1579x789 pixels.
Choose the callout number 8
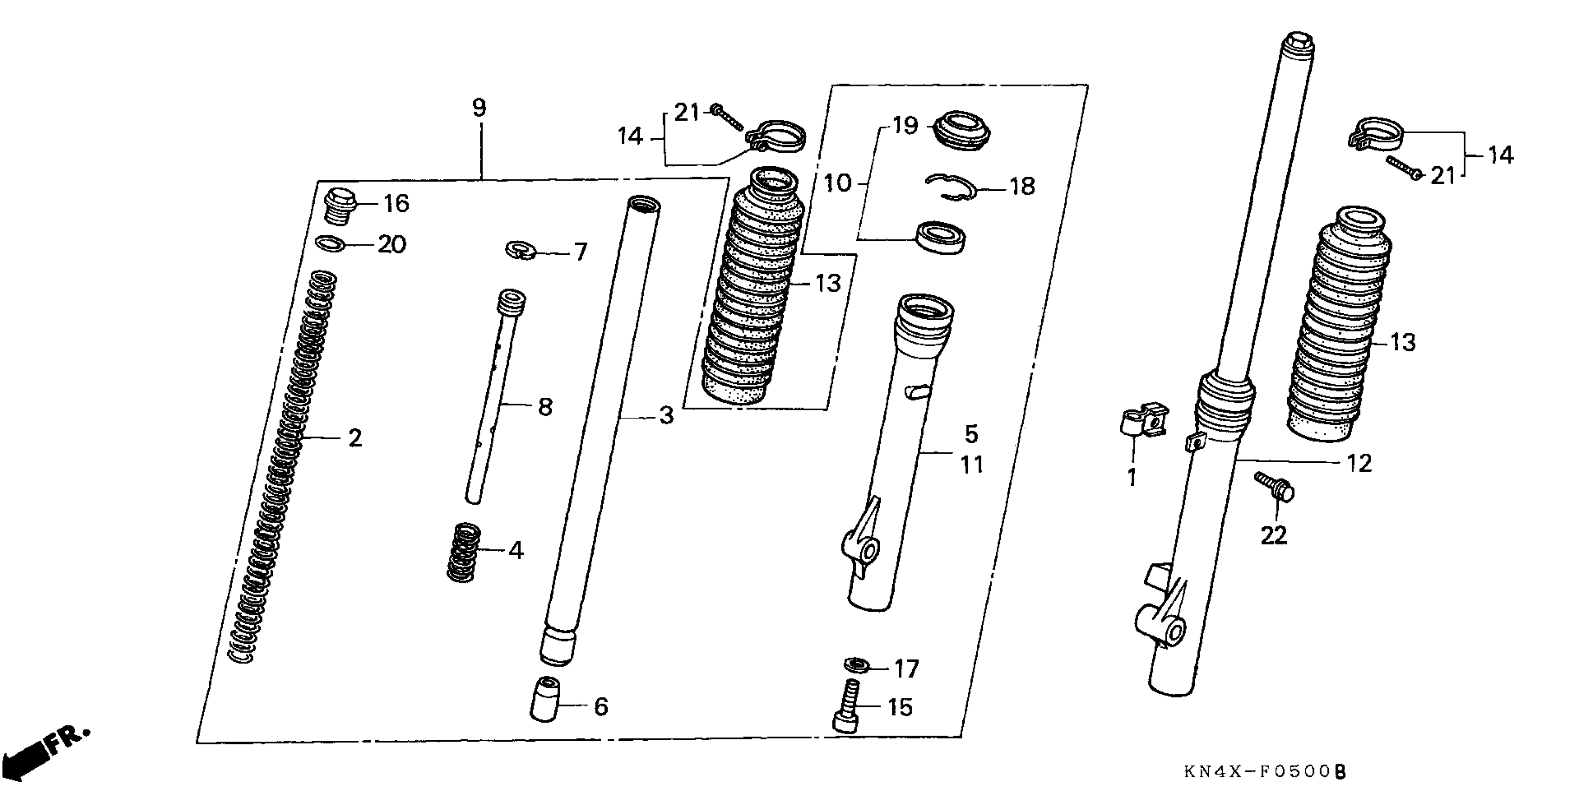[x=545, y=407]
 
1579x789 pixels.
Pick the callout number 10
[x=838, y=183]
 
